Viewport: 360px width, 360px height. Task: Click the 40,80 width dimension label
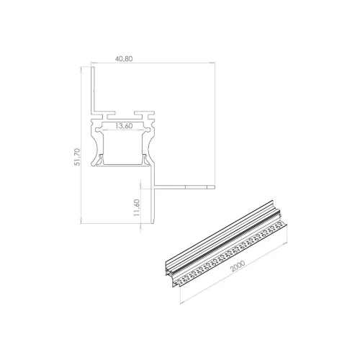coord(124,59)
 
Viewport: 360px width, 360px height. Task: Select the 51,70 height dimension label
coord(77,157)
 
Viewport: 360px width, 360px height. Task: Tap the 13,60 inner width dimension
coord(124,126)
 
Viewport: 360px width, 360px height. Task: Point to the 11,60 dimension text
coord(137,207)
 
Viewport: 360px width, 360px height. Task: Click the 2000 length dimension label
coord(238,266)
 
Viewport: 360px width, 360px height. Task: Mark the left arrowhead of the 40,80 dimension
coord(94,63)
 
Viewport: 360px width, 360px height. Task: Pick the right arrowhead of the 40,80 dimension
coord(212,63)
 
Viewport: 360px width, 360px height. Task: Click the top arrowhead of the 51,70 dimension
coord(81,70)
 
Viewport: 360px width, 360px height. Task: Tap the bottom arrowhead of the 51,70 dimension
coord(81,221)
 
